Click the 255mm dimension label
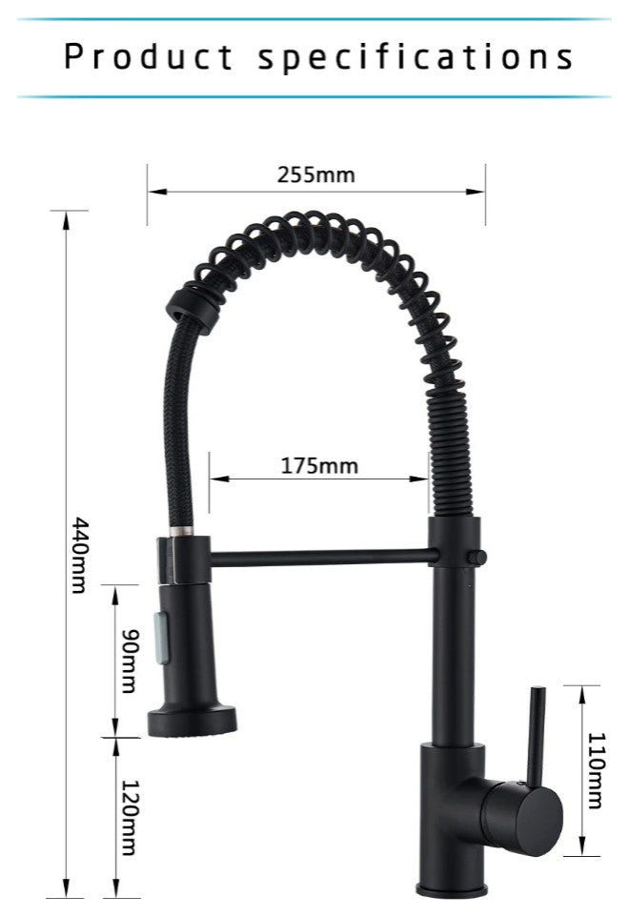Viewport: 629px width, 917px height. click(x=315, y=174)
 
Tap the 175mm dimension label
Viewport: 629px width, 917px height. click(x=319, y=465)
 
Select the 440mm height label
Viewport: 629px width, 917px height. click(x=79, y=555)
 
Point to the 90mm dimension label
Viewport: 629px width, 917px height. click(x=130, y=661)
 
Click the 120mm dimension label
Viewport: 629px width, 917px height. click(x=130, y=817)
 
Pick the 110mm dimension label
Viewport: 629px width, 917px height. click(x=595, y=770)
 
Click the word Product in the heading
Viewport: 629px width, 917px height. click(x=149, y=56)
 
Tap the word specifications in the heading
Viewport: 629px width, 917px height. click(x=416, y=57)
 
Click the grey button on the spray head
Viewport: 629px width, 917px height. click(x=162, y=637)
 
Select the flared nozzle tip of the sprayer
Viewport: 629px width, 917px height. click(x=193, y=722)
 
